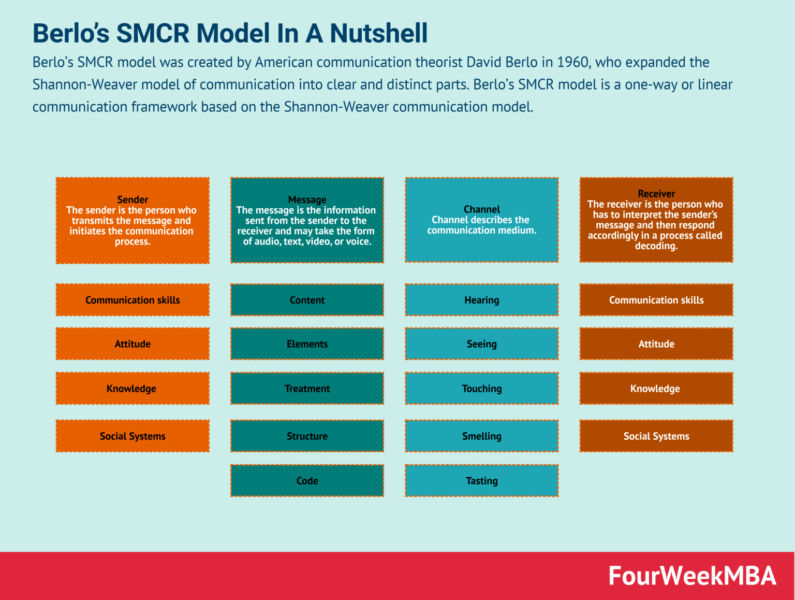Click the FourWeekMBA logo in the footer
pyautogui.click(x=692, y=576)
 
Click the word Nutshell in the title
pyautogui.click(x=379, y=33)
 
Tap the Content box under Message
pyautogui.click(x=307, y=300)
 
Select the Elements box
pyautogui.click(x=307, y=344)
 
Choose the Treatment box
pyautogui.click(x=307, y=389)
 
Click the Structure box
pyautogui.click(x=307, y=436)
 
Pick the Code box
pyautogui.click(x=307, y=481)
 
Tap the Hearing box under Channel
pyautogui.click(x=481, y=300)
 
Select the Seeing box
pyautogui.click(x=481, y=344)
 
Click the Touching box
pyautogui.click(x=481, y=389)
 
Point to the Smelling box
pyautogui.click(x=481, y=436)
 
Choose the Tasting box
pyautogui.click(x=481, y=481)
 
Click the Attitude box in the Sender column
pyautogui.click(x=132, y=344)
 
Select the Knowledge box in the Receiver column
pyautogui.click(x=656, y=389)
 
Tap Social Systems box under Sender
pyautogui.click(x=132, y=436)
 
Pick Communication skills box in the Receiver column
pyautogui.click(x=656, y=300)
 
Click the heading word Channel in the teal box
pyautogui.click(x=481, y=209)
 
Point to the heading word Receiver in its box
pyautogui.click(x=656, y=194)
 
